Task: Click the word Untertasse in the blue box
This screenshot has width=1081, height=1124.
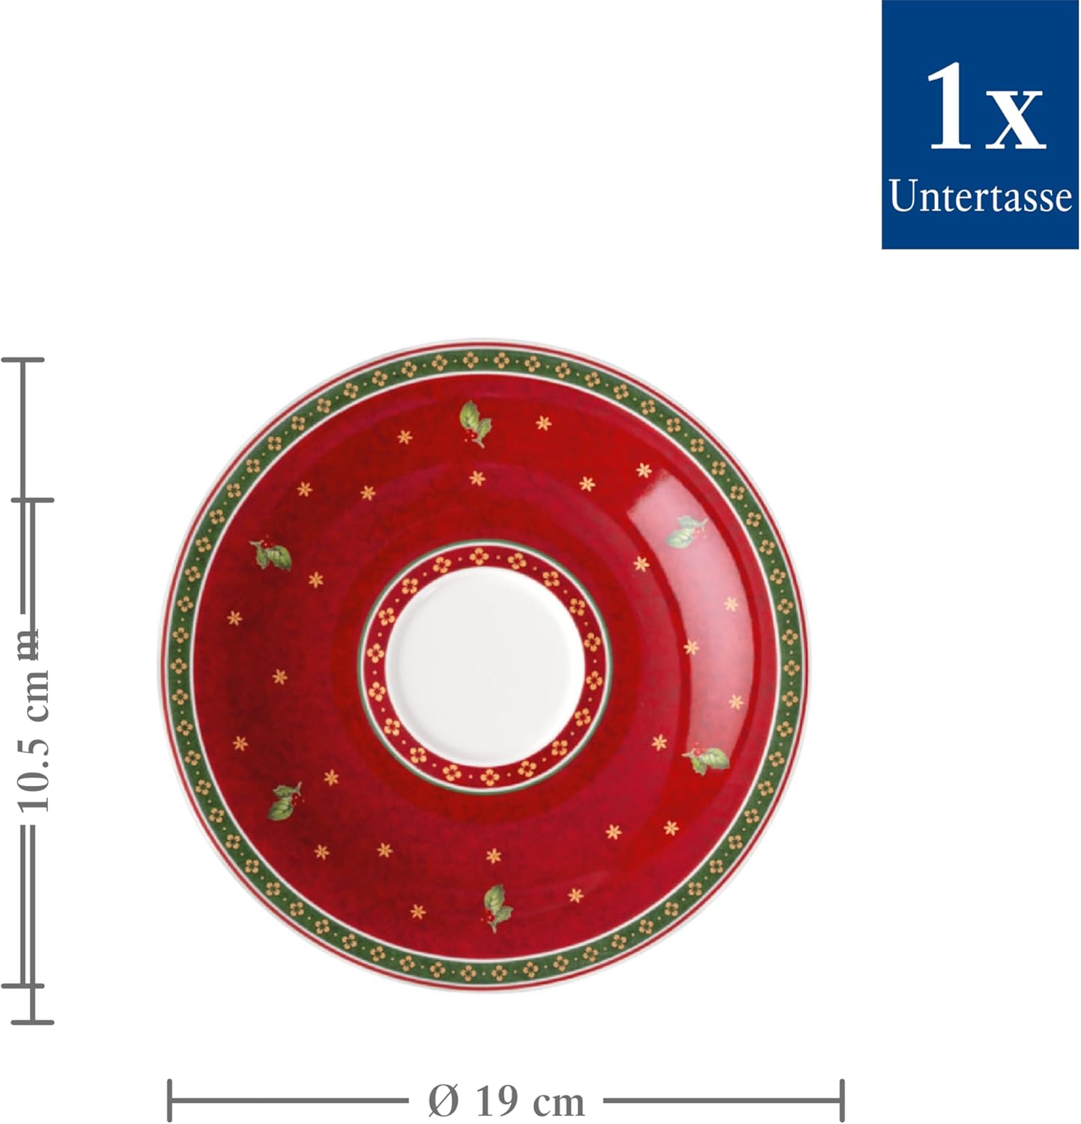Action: pos(980,196)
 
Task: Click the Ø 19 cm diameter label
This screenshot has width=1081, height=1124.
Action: pos(506,1101)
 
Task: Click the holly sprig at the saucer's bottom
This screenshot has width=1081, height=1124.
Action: pos(496,907)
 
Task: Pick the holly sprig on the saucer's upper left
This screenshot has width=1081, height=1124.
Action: pos(271,554)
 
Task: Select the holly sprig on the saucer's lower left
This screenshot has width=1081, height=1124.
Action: pos(285,801)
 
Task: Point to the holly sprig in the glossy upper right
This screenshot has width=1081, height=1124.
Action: pos(686,531)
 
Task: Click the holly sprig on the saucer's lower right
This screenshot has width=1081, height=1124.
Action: pos(706,759)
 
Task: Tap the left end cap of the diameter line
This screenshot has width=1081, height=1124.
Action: pos(170,1101)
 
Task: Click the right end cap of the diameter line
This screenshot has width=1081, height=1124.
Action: pos(843,1101)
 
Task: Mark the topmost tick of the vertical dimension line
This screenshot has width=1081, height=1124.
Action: pos(22,360)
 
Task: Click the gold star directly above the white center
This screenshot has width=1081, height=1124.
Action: pos(477,478)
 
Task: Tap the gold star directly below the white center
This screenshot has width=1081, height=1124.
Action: pos(494,855)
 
